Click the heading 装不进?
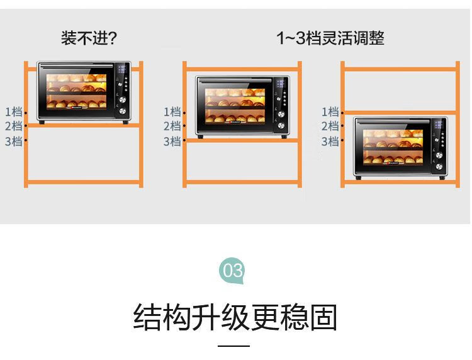click(x=89, y=38)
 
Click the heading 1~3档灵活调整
click(x=330, y=38)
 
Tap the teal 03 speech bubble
click(x=232, y=270)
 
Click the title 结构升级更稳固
click(x=235, y=317)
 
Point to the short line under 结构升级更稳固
click(x=234, y=346)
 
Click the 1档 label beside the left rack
click(x=14, y=111)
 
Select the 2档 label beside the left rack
click(x=14, y=126)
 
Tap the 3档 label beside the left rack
click(x=14, y=141)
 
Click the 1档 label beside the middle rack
click(x=172, y=111)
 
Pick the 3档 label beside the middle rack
click(x=172, y=141)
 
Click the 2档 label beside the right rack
click(x=330, y=126)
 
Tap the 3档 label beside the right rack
click(x=330, y=141)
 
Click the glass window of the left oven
click(x=76, y=91)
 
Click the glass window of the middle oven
click(x=235, y=106)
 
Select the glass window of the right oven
click(x=393, y=147)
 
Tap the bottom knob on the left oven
click(x=123, y=111)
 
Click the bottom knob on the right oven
click(x=439, y=167)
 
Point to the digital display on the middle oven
click(x=281, y=83)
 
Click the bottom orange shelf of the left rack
click(x=83, y=182)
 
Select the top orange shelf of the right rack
click(x=400, y=69)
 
